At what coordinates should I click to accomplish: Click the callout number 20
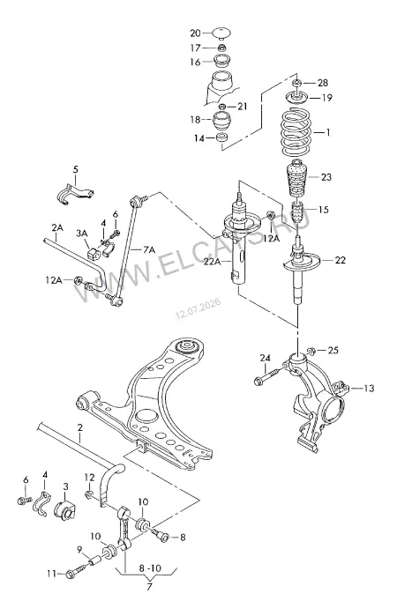point(195,33)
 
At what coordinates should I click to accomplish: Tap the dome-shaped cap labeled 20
point(221,33)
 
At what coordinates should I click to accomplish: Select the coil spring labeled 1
point(296,133)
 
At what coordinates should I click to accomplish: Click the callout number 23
point(326,177)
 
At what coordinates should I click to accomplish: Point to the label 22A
point(212,262)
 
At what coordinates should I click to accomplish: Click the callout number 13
point(369,389)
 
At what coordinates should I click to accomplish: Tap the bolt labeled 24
point(270,375)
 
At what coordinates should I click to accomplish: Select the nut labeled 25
point(311,351)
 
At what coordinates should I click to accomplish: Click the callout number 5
point(76,169)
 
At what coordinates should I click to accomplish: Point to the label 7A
point(149,250)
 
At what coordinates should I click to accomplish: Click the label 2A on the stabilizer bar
point(57,227)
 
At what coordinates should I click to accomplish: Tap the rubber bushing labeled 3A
point(94,254)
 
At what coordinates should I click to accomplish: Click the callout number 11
point(51,574)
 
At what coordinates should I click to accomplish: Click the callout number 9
point(79,550)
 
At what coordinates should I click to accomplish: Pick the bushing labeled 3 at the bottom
point(64,508)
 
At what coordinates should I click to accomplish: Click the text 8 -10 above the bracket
point(150,568)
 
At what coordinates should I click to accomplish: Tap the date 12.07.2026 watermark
point(198,309)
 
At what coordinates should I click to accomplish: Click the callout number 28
point(323,83)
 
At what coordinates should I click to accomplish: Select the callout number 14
point(199,138)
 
